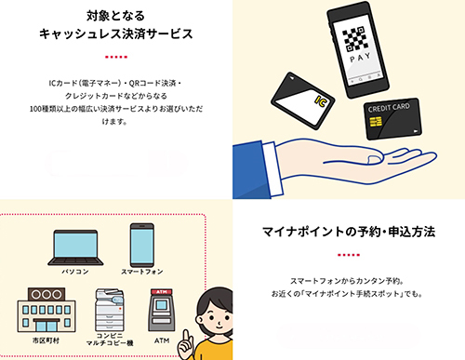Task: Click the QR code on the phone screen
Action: tap(353, 39)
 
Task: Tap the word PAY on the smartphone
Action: tap(360, 58)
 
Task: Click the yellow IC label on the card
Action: tap(321, 101)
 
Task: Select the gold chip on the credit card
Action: tap(376, 122)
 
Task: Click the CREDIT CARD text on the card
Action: tap(389, 107)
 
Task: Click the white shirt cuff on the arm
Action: tap(272, 168)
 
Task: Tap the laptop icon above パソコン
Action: tap(75, 247)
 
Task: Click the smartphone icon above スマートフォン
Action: tap(142, 245)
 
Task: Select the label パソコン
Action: tap(75, 272)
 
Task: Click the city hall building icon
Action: tap(46, 310)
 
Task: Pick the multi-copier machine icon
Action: tap(109, 310)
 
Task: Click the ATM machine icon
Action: tap(162, 310)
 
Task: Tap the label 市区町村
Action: tap(46, 340)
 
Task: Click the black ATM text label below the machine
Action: tap(162, 340)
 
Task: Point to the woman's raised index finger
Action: tap(186, 336)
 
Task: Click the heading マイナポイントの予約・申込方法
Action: tap(349, 232)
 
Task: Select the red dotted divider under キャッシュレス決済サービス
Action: tap(116, 57)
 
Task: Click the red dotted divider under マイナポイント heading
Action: tap(349, 255)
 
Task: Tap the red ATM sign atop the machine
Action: tap(162, 292)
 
